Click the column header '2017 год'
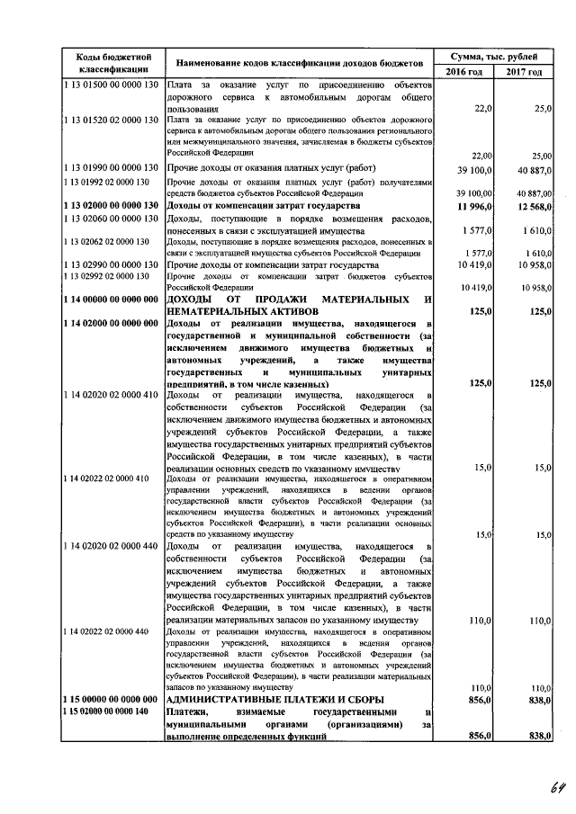coord(524,71)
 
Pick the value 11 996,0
coord(472,206)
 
